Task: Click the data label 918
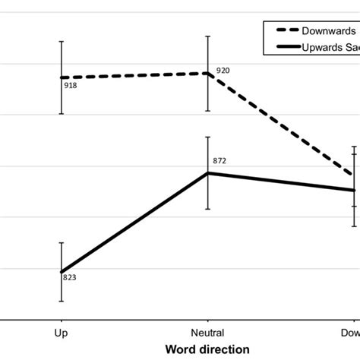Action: click(70, 85)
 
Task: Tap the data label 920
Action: click(223, 70)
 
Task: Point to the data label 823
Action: click(70, 277)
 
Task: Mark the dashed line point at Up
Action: click(62, 77)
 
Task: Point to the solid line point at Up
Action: click(62, 272)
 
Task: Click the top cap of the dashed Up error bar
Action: click(62, 41)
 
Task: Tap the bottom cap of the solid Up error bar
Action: click(62, 302)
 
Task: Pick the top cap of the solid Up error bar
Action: click(62, 243)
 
